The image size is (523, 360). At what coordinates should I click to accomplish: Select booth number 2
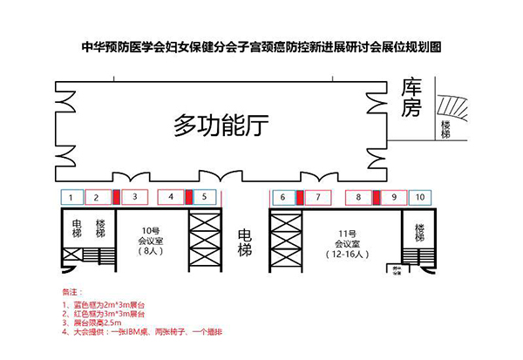pyautogui.click(x=98, y=197)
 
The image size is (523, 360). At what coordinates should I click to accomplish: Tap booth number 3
pyautogui.click(x=134, y=197)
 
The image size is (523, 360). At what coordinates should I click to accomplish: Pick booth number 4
pyautogui.click(x=172, y=197)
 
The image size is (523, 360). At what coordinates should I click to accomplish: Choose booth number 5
pyautogui.click(x=203, y=197)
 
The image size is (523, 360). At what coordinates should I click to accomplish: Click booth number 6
pyautogui.click(x=282, y=197)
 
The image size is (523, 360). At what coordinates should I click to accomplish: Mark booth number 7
pyautogui.click(x=319, y=197)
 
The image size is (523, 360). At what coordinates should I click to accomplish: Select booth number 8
pyautogui.click(x=358, y=197)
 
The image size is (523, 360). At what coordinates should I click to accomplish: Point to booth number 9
pyautogui.click(x=394, y=197)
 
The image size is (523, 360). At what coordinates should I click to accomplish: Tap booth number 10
pyautogui.click(x=420, y=197)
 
